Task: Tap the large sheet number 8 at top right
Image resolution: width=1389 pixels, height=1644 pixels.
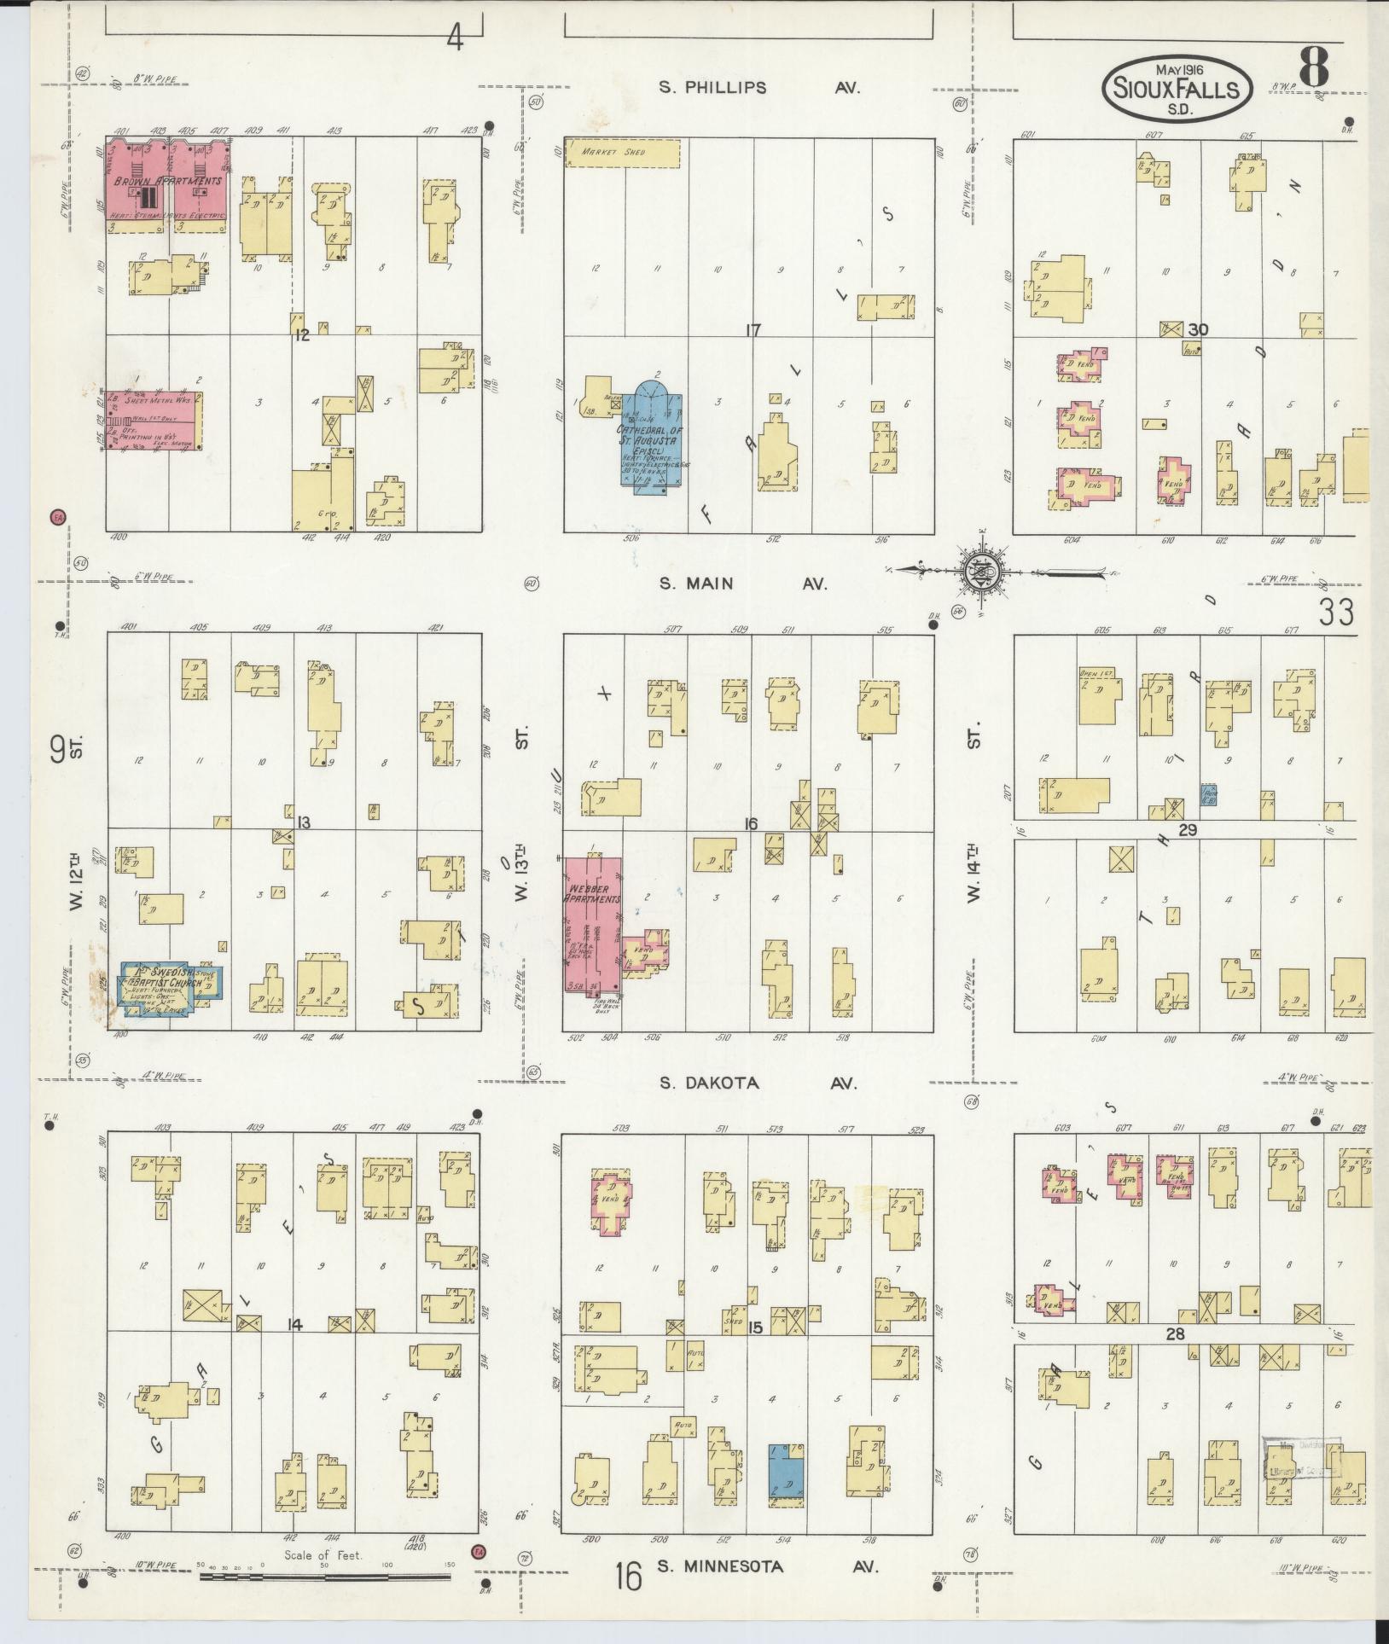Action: [1314, 68]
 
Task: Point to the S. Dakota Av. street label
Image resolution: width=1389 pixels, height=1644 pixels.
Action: [758, 1083]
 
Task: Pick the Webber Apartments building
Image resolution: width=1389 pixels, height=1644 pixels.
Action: [591, 922]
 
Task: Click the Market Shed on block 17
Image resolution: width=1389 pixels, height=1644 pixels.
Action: [622, 153]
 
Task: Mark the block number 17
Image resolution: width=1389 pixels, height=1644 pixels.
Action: [752, 330]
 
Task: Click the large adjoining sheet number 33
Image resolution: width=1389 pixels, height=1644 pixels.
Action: [1335, 612]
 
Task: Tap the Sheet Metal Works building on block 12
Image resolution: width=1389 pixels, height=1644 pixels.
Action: [154, 421]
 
